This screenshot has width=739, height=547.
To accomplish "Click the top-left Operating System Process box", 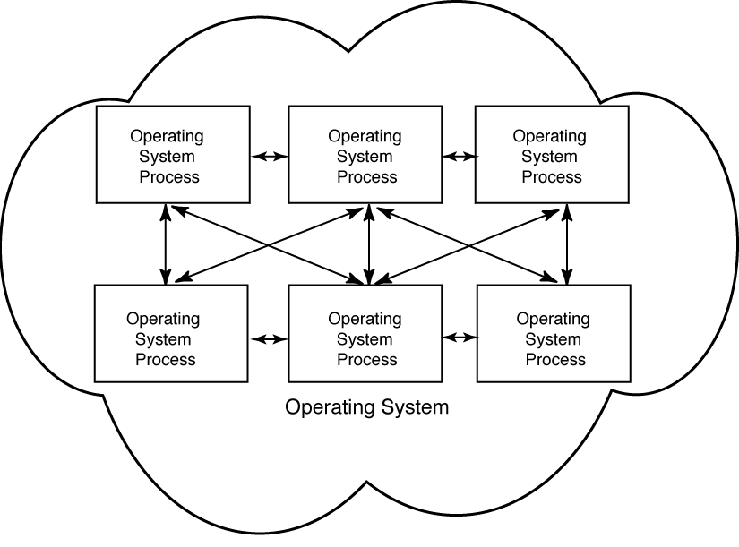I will click(x=172, y=154).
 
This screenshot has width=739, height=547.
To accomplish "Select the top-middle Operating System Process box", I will click(x=365, y=154).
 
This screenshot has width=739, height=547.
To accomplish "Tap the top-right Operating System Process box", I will click(x=551, y=154).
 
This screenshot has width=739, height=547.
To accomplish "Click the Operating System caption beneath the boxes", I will click(x=366, y=408).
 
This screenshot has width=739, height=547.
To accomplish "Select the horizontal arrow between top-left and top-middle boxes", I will click(x=270, y=156).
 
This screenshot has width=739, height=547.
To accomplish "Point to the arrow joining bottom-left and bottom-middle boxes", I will click(x=270, y=338).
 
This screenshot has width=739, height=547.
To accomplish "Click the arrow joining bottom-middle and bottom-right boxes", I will click(x=460, y=338).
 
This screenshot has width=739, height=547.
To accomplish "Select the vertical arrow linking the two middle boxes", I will click(x=369, y=244).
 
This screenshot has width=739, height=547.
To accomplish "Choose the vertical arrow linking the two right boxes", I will click(x=566, y=244).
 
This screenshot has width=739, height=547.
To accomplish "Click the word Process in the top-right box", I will click(x=552, y=177).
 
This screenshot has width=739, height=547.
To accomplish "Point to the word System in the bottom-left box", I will click(x=163, y=339).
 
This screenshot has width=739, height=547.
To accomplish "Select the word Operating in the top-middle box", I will click(x=365, y=137).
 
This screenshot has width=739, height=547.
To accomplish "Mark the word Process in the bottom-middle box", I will click(x=367, y=360).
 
